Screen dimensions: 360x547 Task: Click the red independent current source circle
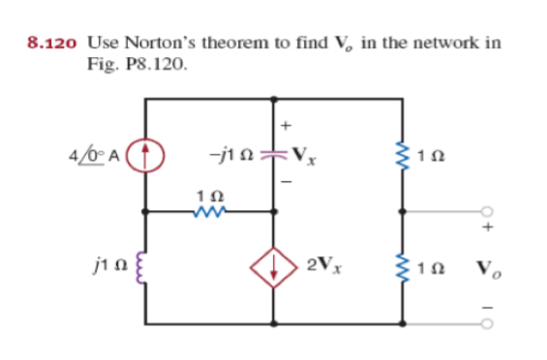point(146,154)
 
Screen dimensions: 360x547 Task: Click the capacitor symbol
point(274,154)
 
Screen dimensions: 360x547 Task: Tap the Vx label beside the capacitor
point(303,155)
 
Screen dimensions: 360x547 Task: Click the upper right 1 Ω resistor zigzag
point(402,154)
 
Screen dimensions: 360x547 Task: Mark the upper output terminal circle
point(488,210)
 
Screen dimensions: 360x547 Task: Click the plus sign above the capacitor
point(286,126)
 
